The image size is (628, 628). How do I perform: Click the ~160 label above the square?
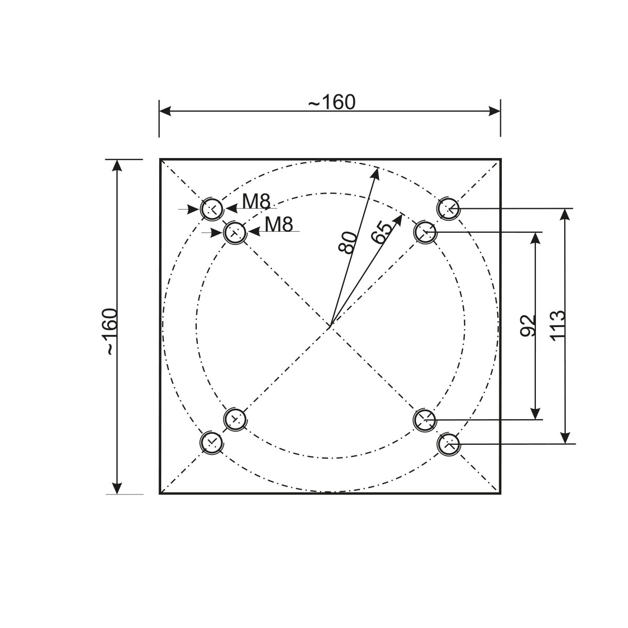pyautogui.click(x=331, y=102)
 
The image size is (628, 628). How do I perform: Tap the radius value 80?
pyautogui.click(x=347, y=242)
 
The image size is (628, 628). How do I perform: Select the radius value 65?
pyautogui.click(x=382, y=233)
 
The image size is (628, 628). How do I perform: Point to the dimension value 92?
pyautogui.click(x=528, y=325)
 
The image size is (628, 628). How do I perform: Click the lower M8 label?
pyautogui.click(x=279, y=224)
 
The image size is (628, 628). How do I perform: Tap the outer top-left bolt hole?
pyautogui.click(x=212, y=209)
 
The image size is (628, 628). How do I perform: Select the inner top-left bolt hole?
pyautogui.click(x=235, y=232)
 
